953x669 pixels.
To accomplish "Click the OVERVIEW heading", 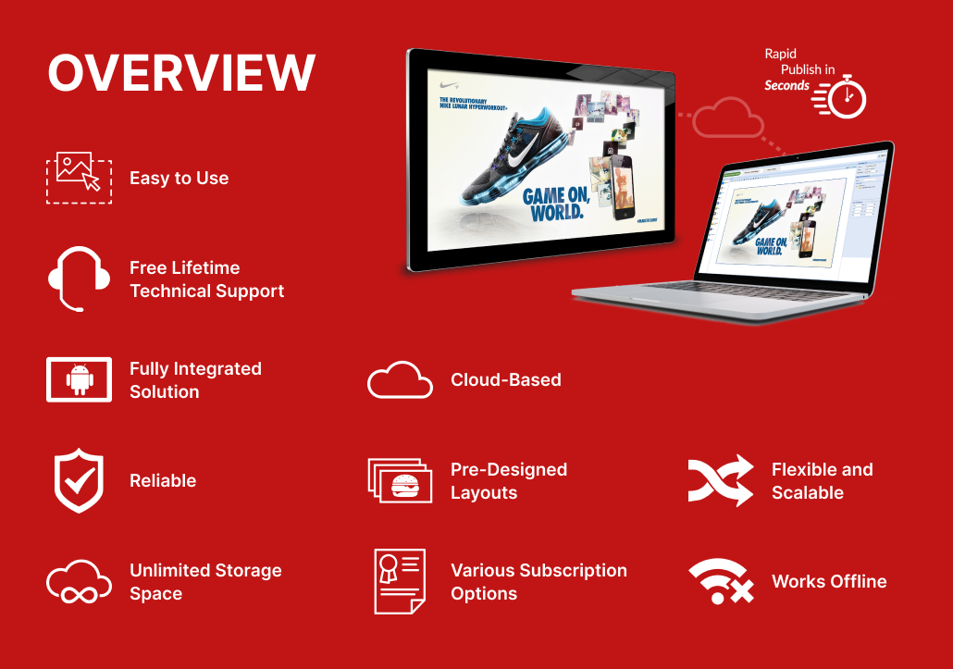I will click(x=181, y=72).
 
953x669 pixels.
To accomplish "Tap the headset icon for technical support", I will click(x=79, y=279).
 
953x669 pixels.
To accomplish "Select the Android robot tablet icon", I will click(x=79, y=379).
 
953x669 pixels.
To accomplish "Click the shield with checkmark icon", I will click(x=79, y=480).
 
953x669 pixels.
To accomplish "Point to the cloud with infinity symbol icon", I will click(x=79, y=582).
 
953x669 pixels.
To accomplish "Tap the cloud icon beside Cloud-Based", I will click(x=400, y=379).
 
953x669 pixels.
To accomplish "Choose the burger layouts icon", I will click(x=400, y=480).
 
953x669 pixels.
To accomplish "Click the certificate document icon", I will click(x=400, y=581).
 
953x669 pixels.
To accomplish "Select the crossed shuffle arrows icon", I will click(x=721, y=481).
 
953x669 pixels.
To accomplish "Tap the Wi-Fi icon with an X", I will click(x=721, y=582).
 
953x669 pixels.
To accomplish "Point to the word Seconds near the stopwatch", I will click(x=786, y=86).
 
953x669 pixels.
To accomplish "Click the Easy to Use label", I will click(x=179, y=178).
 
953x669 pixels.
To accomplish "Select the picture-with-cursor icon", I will click(x=79, y=178).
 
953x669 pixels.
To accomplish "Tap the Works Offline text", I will click(x=829, y=581).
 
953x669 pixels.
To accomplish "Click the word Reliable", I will click(x=163, y=480).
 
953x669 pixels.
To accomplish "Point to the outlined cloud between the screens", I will click(x=728, y=119).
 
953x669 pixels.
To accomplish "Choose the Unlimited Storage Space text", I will click(x=205, y=582).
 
